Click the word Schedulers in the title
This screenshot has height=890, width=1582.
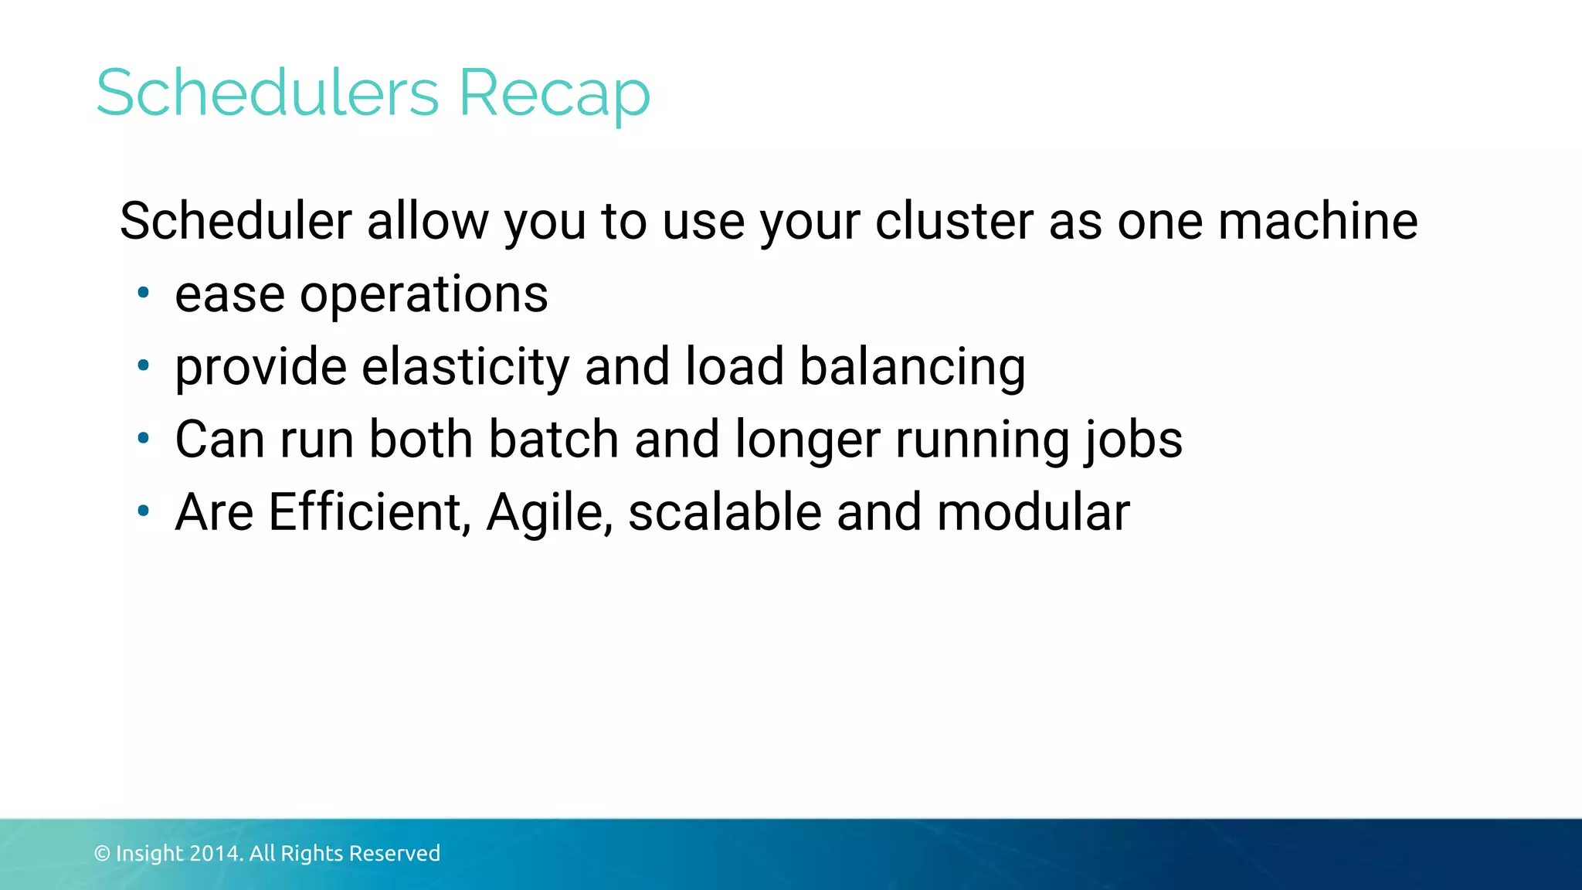click(x=267, y=93)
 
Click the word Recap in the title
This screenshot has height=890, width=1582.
click(x=554, y=94)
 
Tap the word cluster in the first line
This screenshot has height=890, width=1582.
click(x=954, y=221)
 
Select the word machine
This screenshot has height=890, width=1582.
click(x=1318, y=221)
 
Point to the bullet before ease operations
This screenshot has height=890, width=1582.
click(x=143, y=293)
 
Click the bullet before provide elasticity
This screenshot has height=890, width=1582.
click(x=143, y=365)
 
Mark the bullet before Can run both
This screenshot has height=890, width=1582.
click(x=143, y=438)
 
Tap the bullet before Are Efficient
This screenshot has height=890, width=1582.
click(x=143, y=511)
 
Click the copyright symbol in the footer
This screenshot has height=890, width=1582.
click(x=102, y=854)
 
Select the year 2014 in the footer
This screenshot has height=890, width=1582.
click(x=216, y=854)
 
